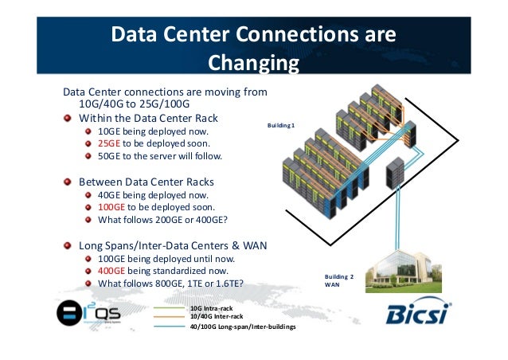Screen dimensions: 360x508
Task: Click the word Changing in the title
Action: pos(252,63)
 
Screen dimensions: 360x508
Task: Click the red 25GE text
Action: pos(109,143)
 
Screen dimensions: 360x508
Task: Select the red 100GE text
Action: pos(111,206)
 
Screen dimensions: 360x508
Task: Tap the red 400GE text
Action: pos(111,270)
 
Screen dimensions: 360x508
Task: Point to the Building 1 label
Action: pos(281,125)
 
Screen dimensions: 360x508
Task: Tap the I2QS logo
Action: pos(88,314)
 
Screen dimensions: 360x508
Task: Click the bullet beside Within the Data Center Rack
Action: pos(69,118)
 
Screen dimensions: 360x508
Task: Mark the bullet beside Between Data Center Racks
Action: pos(69,181)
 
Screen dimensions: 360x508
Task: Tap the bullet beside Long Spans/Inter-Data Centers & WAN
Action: pos(69,245)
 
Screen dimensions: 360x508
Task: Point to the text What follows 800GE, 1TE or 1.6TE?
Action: pos(170,283)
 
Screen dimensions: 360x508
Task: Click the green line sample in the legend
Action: pos(169,307)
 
